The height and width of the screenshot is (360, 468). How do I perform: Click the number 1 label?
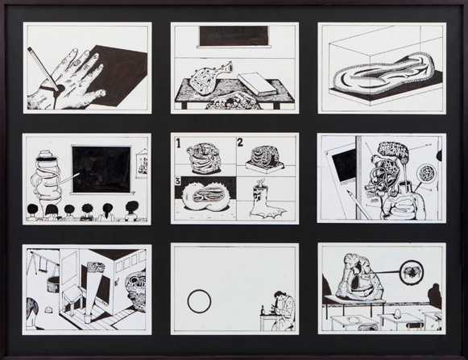tap(179, 143)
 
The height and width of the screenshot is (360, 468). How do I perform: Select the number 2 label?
tap(241, 143)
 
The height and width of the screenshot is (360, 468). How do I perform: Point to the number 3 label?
tap(178, 181)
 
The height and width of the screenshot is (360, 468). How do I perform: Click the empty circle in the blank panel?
tap(199, 300)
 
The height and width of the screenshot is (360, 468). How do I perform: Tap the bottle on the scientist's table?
tap(263, 309)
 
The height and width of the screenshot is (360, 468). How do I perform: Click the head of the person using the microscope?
tap(280, 296)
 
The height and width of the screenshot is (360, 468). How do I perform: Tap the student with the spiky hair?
tap(87, 209)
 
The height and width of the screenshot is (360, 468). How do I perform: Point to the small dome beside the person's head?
tap(48, 310)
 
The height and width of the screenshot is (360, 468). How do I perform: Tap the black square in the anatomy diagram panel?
tap(344, 163)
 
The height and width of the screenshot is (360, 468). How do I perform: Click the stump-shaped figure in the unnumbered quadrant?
tap(265, 201)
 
